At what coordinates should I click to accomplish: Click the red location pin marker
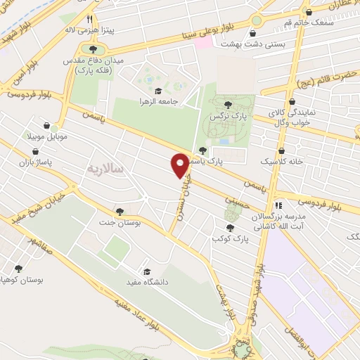point(181,165)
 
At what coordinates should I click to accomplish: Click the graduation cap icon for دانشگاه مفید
point(147,272)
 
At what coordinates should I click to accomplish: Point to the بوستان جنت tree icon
point(120,210)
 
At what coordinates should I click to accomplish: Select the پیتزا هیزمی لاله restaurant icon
point(89,20)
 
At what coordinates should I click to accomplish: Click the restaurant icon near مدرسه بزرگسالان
point(278,206)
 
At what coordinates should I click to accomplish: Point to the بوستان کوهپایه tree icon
point(18,268)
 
